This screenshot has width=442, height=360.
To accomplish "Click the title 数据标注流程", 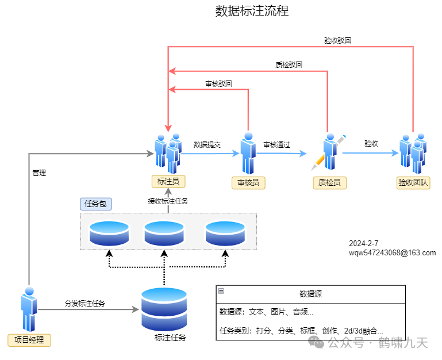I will (x=252, y=11).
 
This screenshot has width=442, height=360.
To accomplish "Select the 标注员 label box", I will (x=168, y=182).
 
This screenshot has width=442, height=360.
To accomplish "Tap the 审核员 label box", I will (x=248, y=183).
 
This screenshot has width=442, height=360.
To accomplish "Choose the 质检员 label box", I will (x=329, y=183).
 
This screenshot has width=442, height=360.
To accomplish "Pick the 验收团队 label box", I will (x=414, y=183).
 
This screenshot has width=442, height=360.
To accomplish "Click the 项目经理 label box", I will (x=29, y=340).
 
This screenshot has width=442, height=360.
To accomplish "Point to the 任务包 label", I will (x=95, y=204).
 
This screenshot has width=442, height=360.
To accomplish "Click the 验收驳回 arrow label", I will (x=337, y=41).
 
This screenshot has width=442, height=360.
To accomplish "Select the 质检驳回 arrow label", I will (x=289, y=65).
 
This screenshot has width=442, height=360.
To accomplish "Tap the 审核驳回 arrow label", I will (x=218, y=83).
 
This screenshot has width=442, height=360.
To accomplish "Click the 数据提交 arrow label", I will (x=207, y=145).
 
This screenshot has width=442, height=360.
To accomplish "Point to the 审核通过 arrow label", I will (x=276, y=145).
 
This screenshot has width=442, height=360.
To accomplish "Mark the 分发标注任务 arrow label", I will (x=84, y=303).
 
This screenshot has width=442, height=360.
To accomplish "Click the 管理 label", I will (x=39, y=173).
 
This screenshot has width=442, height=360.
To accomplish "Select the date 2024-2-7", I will (x=363, y=243).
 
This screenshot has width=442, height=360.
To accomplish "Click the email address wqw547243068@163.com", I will (x=392, y=252).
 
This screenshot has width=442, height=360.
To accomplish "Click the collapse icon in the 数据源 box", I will (x=221, y=292).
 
